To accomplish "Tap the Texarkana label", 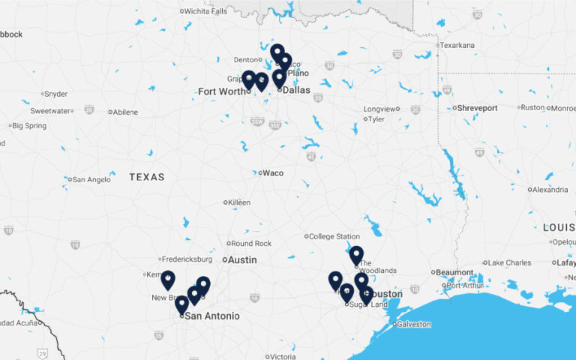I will (x=457, y=45).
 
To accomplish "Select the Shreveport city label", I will (x=477, y=108).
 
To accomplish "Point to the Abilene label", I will (x=125, y=112).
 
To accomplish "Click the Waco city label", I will (x=272, y=173).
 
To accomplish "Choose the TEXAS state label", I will (x=147, y=177).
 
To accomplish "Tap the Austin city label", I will (x=241, y=260).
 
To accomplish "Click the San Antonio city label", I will (x=211, y=316).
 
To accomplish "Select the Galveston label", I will (x=414, y=324).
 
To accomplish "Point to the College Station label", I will (x=334, y=237).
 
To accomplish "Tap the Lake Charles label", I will (x=509, y=262).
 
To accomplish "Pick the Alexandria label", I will (x=550, y=190).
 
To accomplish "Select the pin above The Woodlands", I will (x=356, y=256).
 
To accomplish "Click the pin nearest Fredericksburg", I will (x=168, y=280).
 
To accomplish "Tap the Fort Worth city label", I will (x=221, y=91).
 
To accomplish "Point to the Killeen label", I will (x=239, y=202).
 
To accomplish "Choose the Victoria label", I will (x=283, y=357).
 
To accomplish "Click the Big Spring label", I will (x=29, y=125).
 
